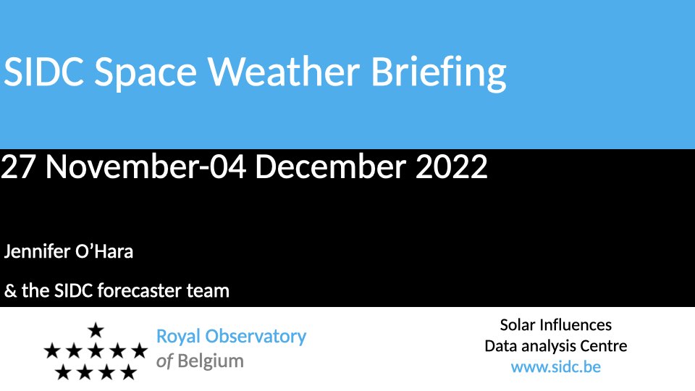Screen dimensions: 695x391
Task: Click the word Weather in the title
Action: [284, 71]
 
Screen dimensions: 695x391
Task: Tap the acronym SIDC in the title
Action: [43, 71]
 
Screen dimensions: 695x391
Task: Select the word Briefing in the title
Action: [439, 74]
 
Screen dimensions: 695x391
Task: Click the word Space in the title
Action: [146, 74]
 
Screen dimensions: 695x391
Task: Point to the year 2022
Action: [451, 167]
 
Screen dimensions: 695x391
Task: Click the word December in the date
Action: [330, 167]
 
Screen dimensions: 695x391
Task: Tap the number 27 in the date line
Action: [17, 167]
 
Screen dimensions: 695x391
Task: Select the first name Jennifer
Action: [37, 251]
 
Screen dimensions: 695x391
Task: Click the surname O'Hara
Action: [104, 251]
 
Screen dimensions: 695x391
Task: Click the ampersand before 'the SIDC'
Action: [10, 291]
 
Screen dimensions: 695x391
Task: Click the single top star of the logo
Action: [96, 330]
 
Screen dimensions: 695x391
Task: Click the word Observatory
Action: [256, 337]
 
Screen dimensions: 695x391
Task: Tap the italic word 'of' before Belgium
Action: [164, 361]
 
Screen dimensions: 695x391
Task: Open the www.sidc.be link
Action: [556, 367]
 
